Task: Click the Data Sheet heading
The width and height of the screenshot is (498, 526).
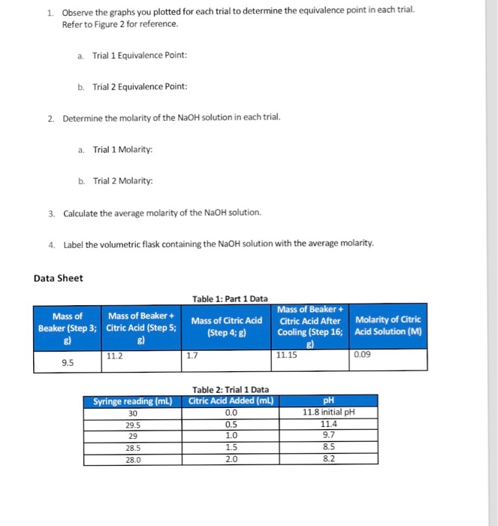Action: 59,278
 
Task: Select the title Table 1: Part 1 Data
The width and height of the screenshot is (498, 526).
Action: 230,298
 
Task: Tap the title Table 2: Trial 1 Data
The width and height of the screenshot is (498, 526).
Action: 231,389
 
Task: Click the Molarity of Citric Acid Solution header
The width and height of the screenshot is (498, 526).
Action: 388,325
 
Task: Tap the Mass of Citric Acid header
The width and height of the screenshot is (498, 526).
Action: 226,325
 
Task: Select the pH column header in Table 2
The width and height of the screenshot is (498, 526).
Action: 328,400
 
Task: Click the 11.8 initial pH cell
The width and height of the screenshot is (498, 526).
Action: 328,412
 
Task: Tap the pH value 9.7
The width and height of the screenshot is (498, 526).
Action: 328,434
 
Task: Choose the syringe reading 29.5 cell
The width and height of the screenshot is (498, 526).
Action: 133,423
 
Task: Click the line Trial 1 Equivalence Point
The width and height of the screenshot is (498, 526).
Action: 139,56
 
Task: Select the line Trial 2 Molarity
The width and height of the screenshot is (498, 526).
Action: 122,181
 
